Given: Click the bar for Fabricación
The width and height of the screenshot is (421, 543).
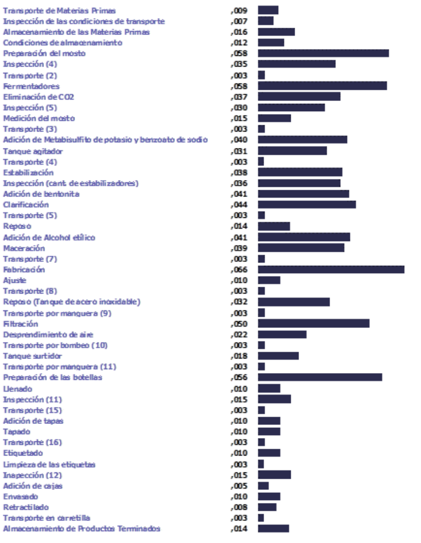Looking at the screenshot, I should click(331, 270).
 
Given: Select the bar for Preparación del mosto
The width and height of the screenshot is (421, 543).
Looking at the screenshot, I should click(323, 53).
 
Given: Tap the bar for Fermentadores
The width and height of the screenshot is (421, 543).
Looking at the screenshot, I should click(322, 86).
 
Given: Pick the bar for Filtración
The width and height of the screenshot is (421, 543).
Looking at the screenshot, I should click(313, 323).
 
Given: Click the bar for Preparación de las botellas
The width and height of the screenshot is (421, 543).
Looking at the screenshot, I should click(320, 377).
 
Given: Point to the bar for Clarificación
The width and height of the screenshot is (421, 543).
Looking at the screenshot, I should click(306, 204).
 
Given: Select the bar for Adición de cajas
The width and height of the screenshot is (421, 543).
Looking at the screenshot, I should click(263, 485).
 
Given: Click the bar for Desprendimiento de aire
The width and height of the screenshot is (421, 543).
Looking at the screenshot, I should click(282, 334).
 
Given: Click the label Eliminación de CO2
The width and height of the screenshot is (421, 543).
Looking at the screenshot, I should click(38, 97).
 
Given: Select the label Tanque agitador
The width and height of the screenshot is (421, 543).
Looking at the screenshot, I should click(33, 151).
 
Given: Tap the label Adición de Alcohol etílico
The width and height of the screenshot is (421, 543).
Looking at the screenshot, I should click(49, 237).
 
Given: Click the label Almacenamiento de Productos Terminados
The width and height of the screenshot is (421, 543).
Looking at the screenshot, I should click(82, 528).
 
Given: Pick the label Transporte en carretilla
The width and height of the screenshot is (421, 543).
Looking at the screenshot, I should click(46, 518).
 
